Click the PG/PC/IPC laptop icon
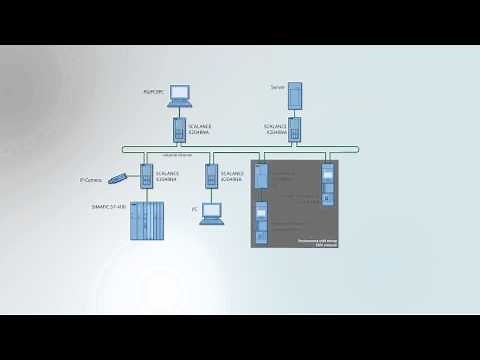pos(179,96)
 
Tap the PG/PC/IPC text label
pos(155,91)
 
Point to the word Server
pos(278,87)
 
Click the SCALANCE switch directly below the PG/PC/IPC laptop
pos(179,130)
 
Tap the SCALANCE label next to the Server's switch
pos(276,130)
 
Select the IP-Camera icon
pos(119,178)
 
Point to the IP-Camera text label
pos(92,180)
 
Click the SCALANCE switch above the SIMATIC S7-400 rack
pos(146,177)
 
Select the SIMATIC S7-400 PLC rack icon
pos(147,220)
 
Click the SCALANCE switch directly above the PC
pos(211,177)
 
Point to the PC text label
pos(195,210)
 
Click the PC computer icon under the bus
pos(211,214)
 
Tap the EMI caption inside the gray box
pos(318,242)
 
